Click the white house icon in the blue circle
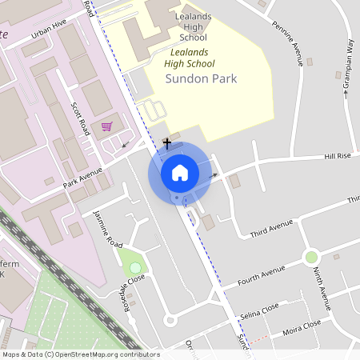tap(180, 172)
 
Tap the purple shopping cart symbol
tap(106, 126)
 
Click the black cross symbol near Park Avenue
tap(166, 143)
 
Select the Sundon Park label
tap(201, 78)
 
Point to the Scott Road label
tap(82, 118)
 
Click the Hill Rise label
tap(338, 156)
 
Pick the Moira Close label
tap(302, 327)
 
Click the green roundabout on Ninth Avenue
tap(311, 257)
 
